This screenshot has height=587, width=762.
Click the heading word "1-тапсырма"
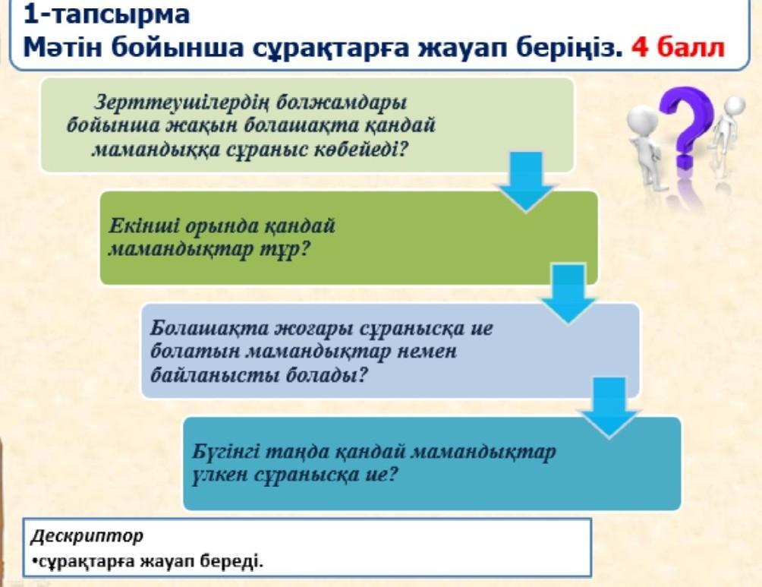click(x=106, y=14)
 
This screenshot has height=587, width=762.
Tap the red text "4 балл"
click(x=678, y=47)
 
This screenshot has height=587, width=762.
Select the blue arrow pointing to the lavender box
click(x=568, y=294)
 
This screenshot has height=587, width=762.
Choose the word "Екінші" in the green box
click(x=144, y=226)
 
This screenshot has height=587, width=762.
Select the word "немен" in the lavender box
click(x=427, y=351)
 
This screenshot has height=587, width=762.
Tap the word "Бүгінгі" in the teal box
click(x=228, y=452)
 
